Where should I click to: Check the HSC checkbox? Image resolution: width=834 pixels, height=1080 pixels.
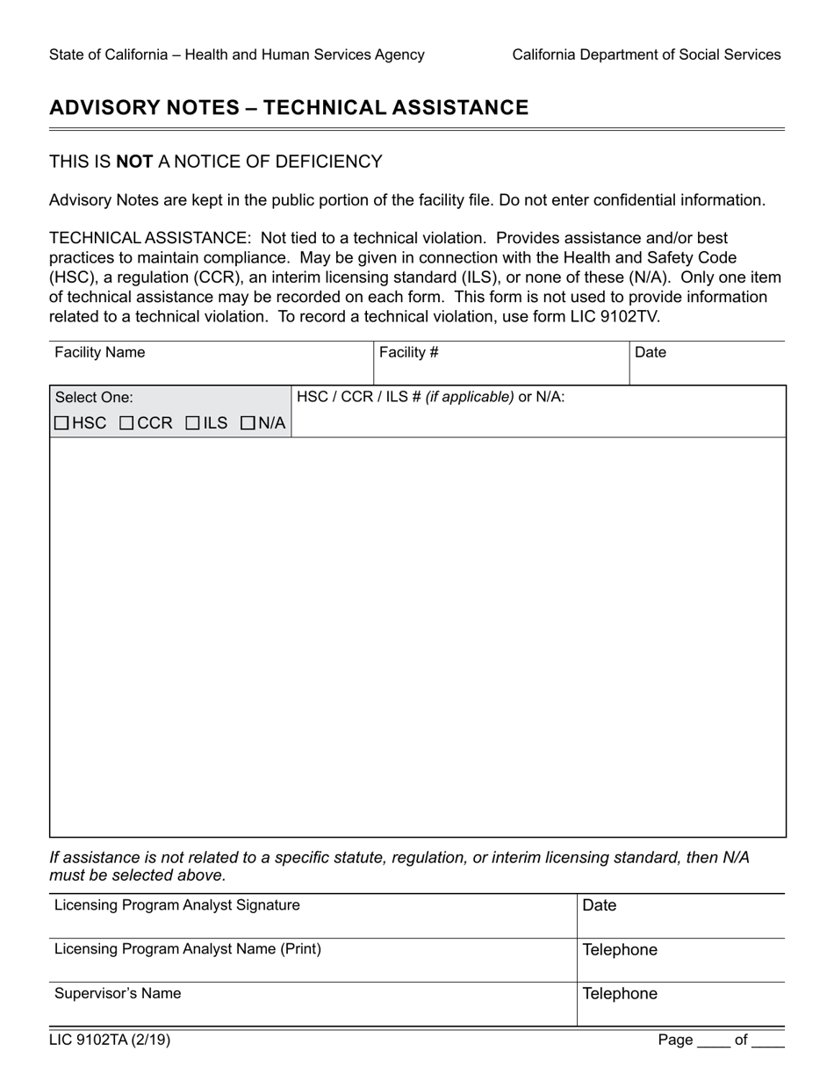tap(61, 423)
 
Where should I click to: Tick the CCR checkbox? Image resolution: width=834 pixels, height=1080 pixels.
tap(126, 423)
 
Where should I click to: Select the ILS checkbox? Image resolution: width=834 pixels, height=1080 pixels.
tap(192, 423)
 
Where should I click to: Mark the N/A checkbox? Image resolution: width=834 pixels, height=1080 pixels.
tap(248, 423)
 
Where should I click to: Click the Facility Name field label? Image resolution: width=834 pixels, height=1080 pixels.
tap(100, 353)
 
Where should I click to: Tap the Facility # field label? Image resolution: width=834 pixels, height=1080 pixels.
tap(409, 353)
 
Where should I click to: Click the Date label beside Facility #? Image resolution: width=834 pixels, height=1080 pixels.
tap(651, 353)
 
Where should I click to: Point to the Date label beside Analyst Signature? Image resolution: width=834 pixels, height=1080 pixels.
tap(600, 905)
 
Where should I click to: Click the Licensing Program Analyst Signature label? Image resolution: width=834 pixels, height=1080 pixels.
tap(177, 905)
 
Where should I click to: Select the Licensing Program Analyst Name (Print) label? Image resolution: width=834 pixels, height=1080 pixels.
tap(188, 949)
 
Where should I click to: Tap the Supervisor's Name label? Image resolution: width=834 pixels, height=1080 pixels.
tap(118, 994)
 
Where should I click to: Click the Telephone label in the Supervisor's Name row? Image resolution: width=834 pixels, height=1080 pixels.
tap(620, 994)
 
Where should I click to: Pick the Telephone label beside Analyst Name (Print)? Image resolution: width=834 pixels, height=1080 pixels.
tap(620, 950)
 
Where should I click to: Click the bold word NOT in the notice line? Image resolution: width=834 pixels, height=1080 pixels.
tap(134, 162)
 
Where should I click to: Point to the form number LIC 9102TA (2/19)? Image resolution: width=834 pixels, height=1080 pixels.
tap(110, 1040)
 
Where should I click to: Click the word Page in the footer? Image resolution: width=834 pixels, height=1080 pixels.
tap(675, 1040)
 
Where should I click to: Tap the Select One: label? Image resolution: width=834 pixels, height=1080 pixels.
tap(94, 397)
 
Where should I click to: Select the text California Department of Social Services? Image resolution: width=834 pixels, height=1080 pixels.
tap(646, 54)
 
